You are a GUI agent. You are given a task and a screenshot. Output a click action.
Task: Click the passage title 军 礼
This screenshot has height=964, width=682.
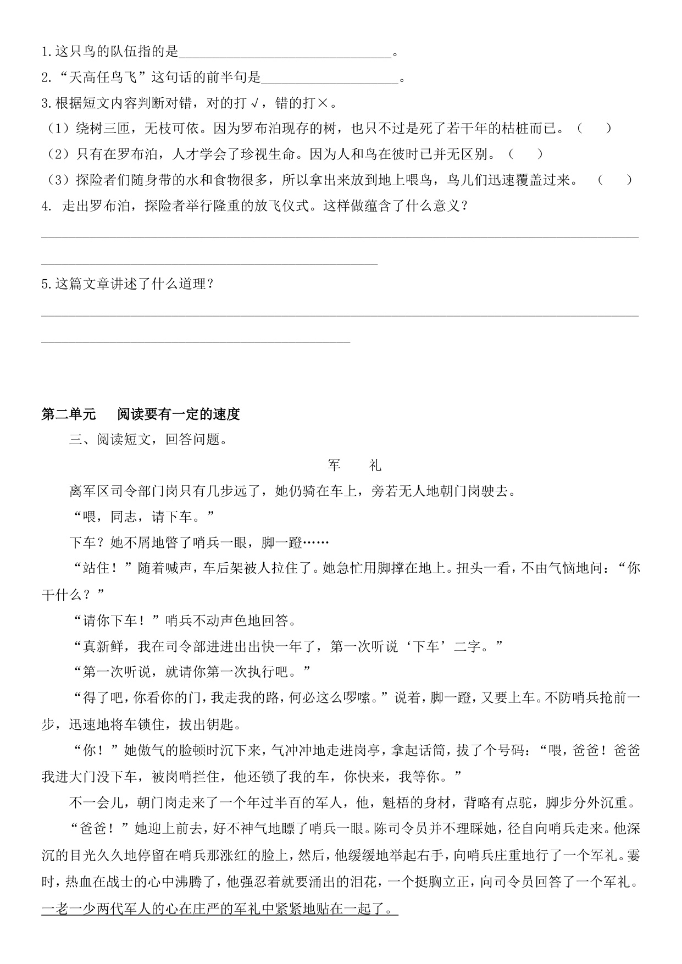pos(354,466)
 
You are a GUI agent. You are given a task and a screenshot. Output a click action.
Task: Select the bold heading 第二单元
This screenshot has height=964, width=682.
pos(69,414)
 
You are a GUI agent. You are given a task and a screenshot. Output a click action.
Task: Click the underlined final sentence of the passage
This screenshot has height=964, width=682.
pos(220,909)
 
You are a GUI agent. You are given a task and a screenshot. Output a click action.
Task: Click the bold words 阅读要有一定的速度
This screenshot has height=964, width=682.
pos(179,414)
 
